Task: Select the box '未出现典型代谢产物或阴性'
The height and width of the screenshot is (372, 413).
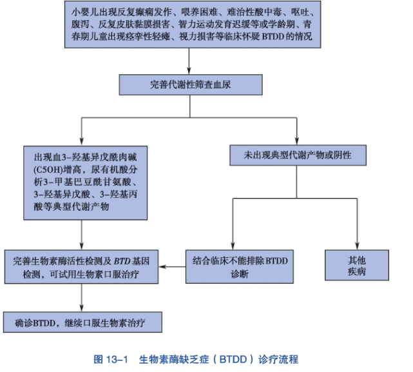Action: click(x=296, y=155)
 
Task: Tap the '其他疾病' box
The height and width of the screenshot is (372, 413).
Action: click(x=356, y=266)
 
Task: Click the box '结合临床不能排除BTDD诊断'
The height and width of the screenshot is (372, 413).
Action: click(x=240, y=266)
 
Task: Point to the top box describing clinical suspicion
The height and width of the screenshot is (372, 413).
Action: click(x=190, y=24)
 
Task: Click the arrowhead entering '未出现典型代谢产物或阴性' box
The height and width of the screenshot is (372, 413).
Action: click(x=296, y=141)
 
